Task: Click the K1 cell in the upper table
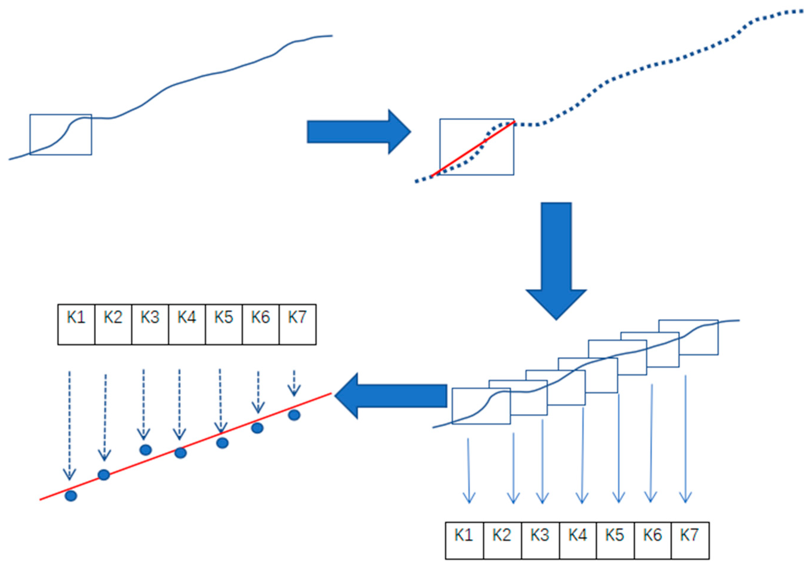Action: pos(76,324)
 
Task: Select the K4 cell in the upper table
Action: pos(186,324)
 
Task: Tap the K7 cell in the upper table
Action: pos(297,324)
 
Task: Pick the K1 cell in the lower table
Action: pos(464,541)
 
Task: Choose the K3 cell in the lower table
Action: pos(540,541)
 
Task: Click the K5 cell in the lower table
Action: pos(615,541)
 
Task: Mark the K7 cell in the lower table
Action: pos(690,541)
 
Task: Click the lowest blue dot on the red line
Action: pos(71,496)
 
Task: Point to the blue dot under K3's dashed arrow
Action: pos(146,450)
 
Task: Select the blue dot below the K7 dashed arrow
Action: pos(294,415)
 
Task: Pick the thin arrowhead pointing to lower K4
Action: pos(582,498)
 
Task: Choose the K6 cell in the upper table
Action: pos(260,324)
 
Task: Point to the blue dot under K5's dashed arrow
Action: pos(222,443)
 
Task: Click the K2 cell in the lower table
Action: pos(502,541)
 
